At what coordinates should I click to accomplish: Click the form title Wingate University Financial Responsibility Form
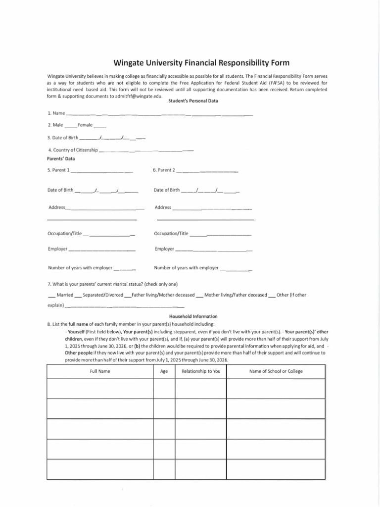click(201, 63)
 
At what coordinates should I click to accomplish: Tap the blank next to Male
click(70, 126)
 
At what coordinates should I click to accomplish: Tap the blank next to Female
click(99, 126)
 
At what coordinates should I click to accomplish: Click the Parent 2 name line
click(207, 171)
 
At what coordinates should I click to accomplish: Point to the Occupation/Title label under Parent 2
click(171, 233)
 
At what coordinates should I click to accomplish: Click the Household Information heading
click(193, 316)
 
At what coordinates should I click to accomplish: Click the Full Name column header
click(100, 371)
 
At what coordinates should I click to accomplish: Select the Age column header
click(164, 371)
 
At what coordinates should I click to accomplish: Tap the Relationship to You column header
click(201, 371)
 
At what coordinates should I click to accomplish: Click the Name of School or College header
click(276, 371)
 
